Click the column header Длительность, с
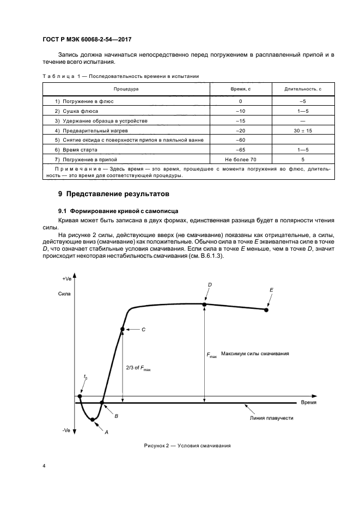303,88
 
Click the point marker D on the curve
205,303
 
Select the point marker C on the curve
123,329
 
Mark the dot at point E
266,309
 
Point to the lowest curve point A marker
93,419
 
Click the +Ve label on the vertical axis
67,278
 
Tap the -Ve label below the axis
66,430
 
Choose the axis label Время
309,402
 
